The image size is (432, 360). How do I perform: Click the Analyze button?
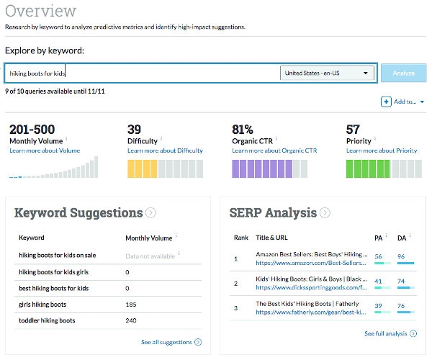403,73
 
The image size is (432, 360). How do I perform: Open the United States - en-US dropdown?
328,73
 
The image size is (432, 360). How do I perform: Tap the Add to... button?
402,102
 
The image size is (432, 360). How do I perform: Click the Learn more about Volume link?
44,150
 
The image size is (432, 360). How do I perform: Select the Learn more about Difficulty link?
165,150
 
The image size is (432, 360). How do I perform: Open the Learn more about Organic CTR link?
274,150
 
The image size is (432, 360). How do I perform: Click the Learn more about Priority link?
382,150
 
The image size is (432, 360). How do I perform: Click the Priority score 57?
353,130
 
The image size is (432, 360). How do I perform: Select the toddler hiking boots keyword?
47,320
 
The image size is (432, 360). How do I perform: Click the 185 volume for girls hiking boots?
131,304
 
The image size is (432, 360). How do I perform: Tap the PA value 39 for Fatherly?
379,305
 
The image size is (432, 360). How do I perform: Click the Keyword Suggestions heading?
78,212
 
